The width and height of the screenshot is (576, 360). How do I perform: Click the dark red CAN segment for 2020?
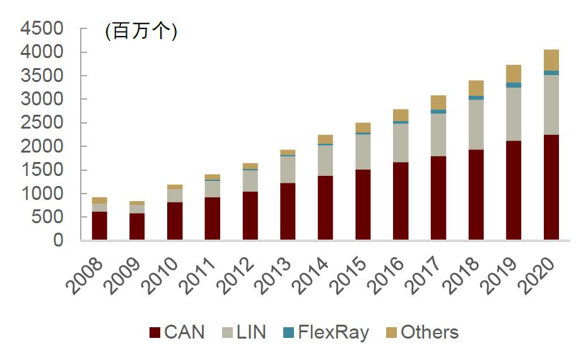pos(551,187)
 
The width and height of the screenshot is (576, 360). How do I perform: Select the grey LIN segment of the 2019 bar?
pos(514,114)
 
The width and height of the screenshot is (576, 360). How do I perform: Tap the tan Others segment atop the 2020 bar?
pos(551,60)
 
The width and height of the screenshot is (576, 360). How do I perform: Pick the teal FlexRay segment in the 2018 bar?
pos(476,98)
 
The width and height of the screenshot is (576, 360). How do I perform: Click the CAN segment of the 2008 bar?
pos(99,226)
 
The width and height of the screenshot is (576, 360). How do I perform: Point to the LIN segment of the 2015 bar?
pos(363,152)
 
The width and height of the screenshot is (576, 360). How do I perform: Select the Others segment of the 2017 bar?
pos(438,102)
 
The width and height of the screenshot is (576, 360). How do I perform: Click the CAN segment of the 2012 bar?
pos(250,216)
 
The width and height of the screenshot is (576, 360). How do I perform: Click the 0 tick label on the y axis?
pos(58,240)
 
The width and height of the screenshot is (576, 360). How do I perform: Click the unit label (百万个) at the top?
pos(141,31)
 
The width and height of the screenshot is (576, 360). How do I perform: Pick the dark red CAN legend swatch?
pos(154,333)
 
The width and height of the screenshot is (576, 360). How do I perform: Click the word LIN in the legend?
pos(250,332)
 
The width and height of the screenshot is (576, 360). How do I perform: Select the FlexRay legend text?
pos(332,332)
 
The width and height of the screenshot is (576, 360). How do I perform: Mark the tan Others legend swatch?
pos(391,333)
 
